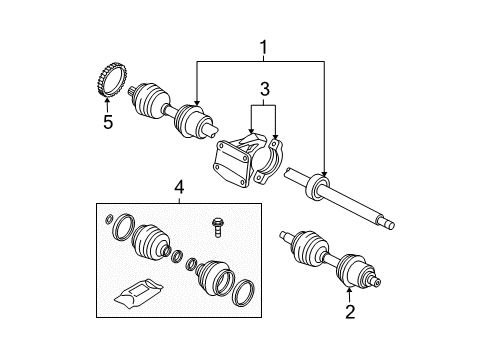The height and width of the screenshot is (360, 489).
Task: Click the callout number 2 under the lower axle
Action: tap(350, 313)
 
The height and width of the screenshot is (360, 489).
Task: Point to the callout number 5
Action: tap(107, 124)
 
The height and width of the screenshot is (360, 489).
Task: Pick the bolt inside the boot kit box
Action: tap(216, 226)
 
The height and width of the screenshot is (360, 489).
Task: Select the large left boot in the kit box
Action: tap(150, 245)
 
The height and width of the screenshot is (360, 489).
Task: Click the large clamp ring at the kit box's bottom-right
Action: tap(243, 295)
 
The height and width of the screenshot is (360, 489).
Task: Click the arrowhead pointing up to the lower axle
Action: tap(350, 291)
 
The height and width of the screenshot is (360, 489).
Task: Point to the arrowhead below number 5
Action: tap(107, 102)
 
